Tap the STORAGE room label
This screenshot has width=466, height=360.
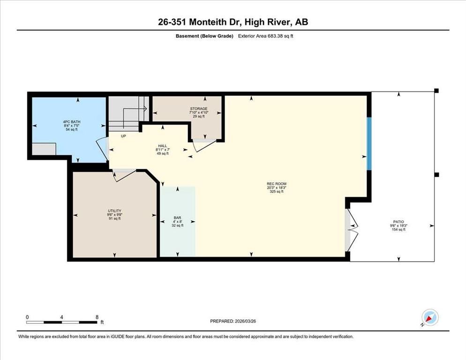click(x=198, y=109)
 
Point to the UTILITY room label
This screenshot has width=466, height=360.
click(x=115, y=211)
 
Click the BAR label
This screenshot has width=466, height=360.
click(x=178, y=218)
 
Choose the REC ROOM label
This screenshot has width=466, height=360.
click(x=277, y=184)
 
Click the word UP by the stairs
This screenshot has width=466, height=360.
click(x=124, y=136)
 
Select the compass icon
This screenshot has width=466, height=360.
click(x=429, y=317)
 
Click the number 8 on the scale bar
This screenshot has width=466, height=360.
click(x=97, y=317)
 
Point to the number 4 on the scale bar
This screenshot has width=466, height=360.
click(x=62, y=317)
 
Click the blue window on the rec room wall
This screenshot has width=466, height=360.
click(x=369, y=143)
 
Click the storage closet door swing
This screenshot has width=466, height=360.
click(x=203, y=145)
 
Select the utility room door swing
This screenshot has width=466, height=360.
click(x=123, y=174)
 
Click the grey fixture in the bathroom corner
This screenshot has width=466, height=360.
click(x=44, y=149)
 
